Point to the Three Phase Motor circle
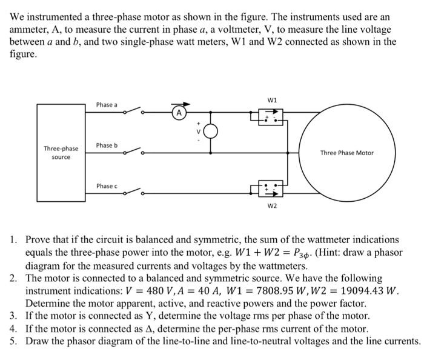coord(346,153)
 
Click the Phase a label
coord(107,105)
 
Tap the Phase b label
coord(107,145)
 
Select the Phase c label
coord(107,185)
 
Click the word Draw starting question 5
coord(38,341)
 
